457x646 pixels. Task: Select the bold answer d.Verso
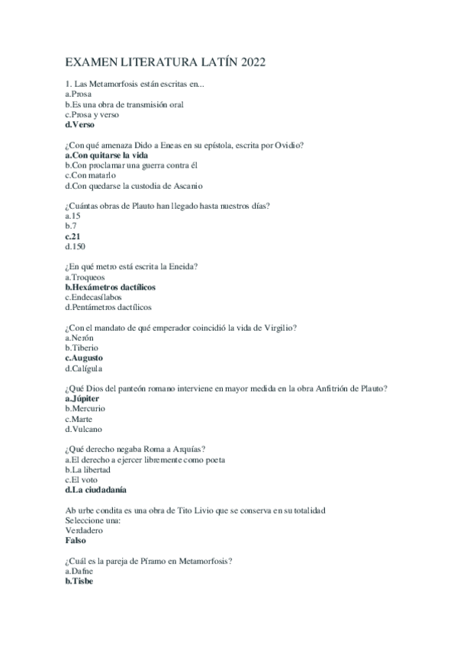click(x=80, y=124)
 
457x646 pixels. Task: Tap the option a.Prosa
click(x=79, y=93)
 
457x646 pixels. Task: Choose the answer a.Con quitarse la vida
click(x=106, y=155)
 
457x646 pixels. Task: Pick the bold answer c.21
click(x=73, y=236)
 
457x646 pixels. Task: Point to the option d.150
click(x=76, y=247)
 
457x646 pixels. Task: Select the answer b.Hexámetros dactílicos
click(x=110, y=287)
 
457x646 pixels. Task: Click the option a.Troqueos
click(x=85, y=277)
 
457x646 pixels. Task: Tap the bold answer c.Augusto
click(x=84, y=358)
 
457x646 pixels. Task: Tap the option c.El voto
click(x=82, y=480)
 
